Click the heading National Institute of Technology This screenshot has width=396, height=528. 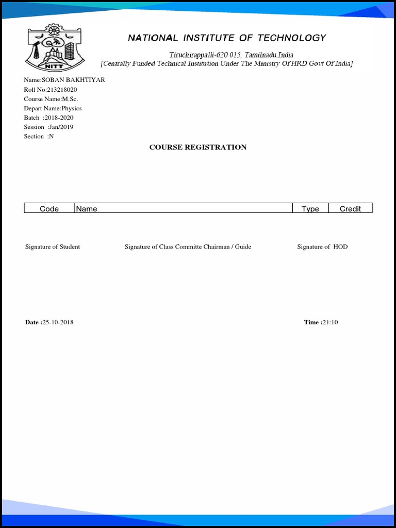[x=227, y=38]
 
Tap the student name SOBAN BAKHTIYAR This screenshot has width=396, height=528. [x=77, y=80]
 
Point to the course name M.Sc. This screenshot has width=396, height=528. [x=70, y=99]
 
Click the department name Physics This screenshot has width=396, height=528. [x=72, y=108]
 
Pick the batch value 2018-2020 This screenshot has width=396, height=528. [x=59, y=118]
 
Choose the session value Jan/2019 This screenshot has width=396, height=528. [x=60, y=127]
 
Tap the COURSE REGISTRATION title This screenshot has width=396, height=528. [x=198, y=147]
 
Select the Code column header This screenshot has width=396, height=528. [x=49, y=208]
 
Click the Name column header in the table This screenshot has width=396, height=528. [x=87, y=208]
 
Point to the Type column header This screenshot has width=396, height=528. [x=310, y=208]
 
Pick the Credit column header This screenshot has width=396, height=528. [x=350, y=208]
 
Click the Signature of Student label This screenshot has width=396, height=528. [x=53, y=246]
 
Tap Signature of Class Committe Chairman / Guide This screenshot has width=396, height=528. [x=188, y=246]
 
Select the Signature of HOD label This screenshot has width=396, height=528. [x=322, y=246]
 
